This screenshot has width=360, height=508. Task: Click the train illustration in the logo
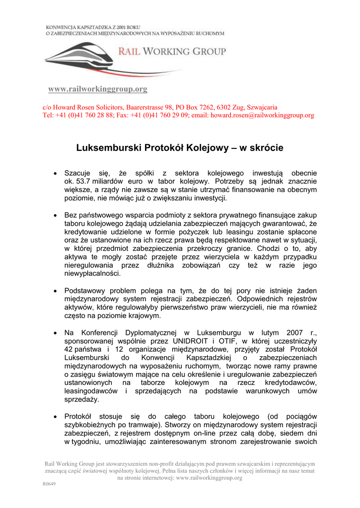pos(79,57)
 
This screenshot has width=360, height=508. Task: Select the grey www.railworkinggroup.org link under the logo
pos(97,89)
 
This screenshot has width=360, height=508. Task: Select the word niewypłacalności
pos(93,273)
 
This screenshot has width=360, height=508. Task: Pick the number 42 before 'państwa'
pos(69,349)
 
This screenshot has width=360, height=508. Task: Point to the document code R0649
pos(48,484)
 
